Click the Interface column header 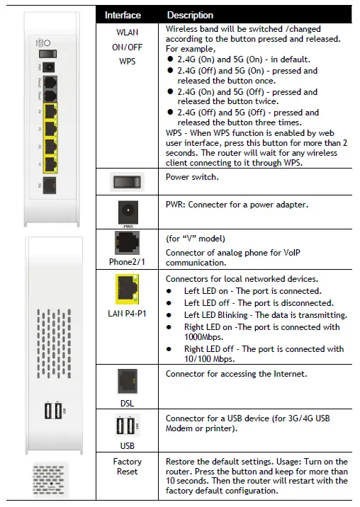(123, 15)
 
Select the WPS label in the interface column (128, 62)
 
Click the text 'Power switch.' (192, 178)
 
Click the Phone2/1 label (128, 262)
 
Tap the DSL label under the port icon (128, 403)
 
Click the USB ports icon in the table (128, 427)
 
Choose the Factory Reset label (128, 466)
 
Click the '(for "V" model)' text (195, 239)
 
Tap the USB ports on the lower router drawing (52, 411)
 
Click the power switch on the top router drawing (49, 54)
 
